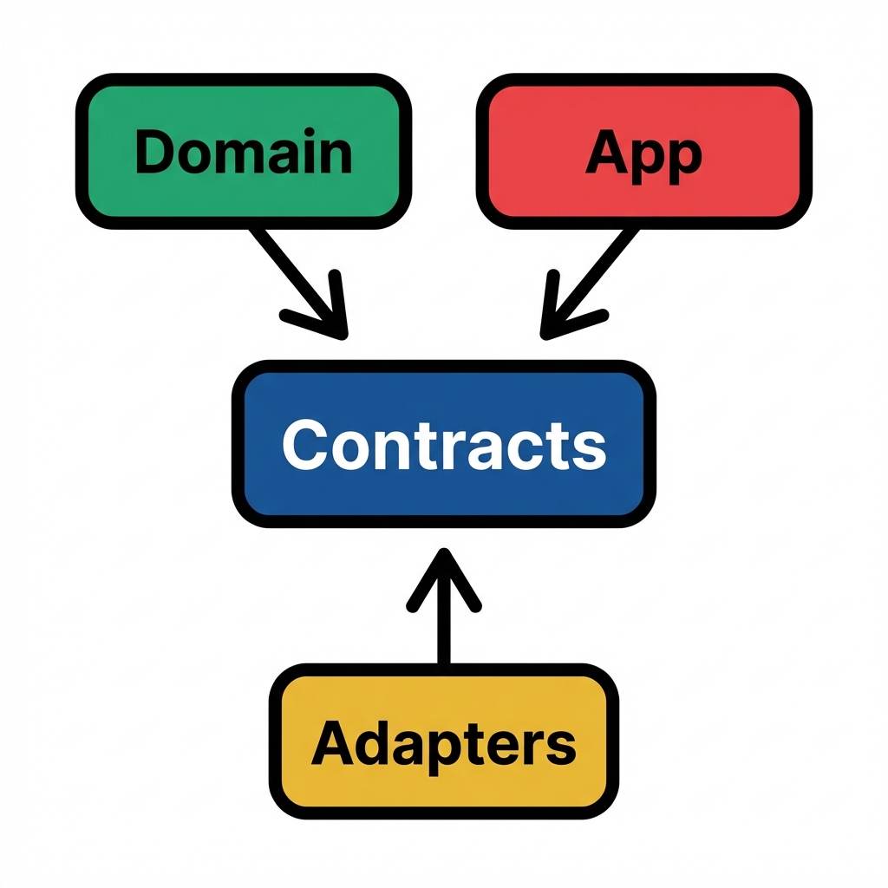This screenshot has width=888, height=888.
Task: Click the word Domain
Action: pos(244,152)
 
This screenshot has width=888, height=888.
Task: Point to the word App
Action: pos(643,156)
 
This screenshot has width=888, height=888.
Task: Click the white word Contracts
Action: pos(443,445)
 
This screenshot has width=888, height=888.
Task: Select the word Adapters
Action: pos(443,744)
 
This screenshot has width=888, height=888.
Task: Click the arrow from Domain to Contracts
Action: pos(291,273)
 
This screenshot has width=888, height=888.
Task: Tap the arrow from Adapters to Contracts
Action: pos(443,624)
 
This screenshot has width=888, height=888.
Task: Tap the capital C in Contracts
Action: pos(304,445)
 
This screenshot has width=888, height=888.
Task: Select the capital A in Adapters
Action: pos(332,743)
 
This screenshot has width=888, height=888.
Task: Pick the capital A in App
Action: pos(606,153)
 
